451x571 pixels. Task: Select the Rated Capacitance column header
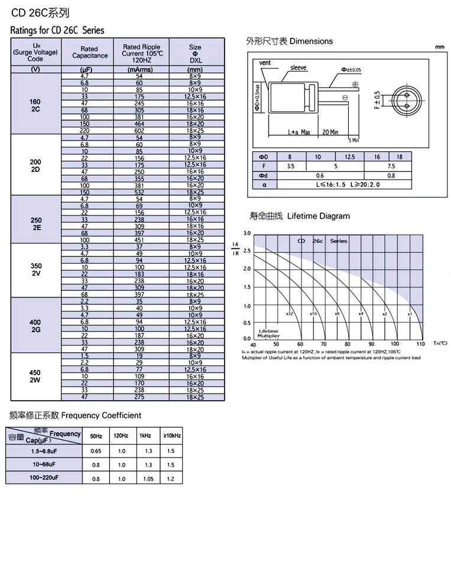90,52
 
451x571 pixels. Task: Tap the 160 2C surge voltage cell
35,105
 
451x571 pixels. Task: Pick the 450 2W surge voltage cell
35,376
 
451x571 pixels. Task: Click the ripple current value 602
139,131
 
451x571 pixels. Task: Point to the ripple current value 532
139,192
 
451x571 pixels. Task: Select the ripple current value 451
139,240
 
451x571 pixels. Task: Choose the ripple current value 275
139,398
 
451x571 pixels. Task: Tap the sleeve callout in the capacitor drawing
298,68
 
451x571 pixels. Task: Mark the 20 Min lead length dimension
330,132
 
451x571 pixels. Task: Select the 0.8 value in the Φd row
391,176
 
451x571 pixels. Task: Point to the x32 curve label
289,313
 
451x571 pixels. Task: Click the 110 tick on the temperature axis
420,344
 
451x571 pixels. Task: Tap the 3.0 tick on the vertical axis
247,233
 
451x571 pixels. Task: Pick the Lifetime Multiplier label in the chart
268,333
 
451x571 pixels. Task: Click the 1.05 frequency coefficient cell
148,479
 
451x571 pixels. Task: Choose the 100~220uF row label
45,478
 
